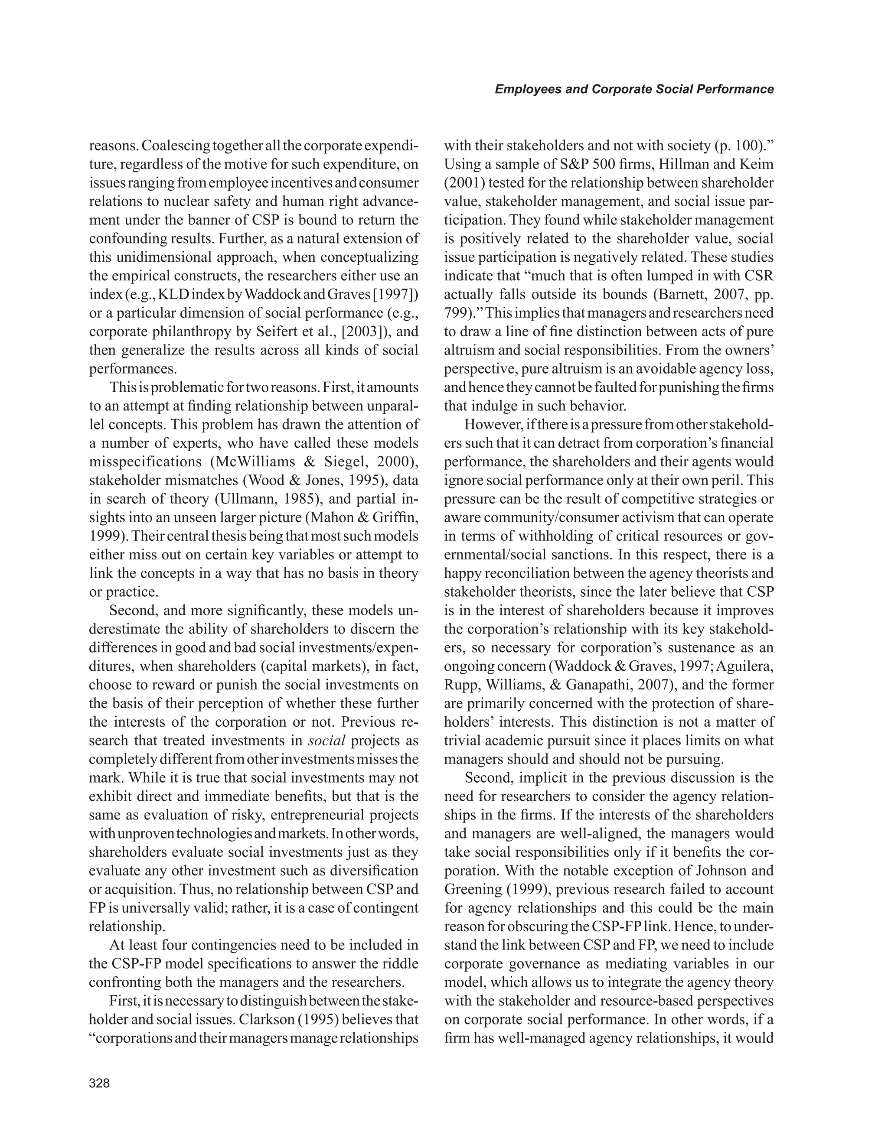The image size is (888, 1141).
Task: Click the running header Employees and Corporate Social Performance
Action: (x=634, y=89)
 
